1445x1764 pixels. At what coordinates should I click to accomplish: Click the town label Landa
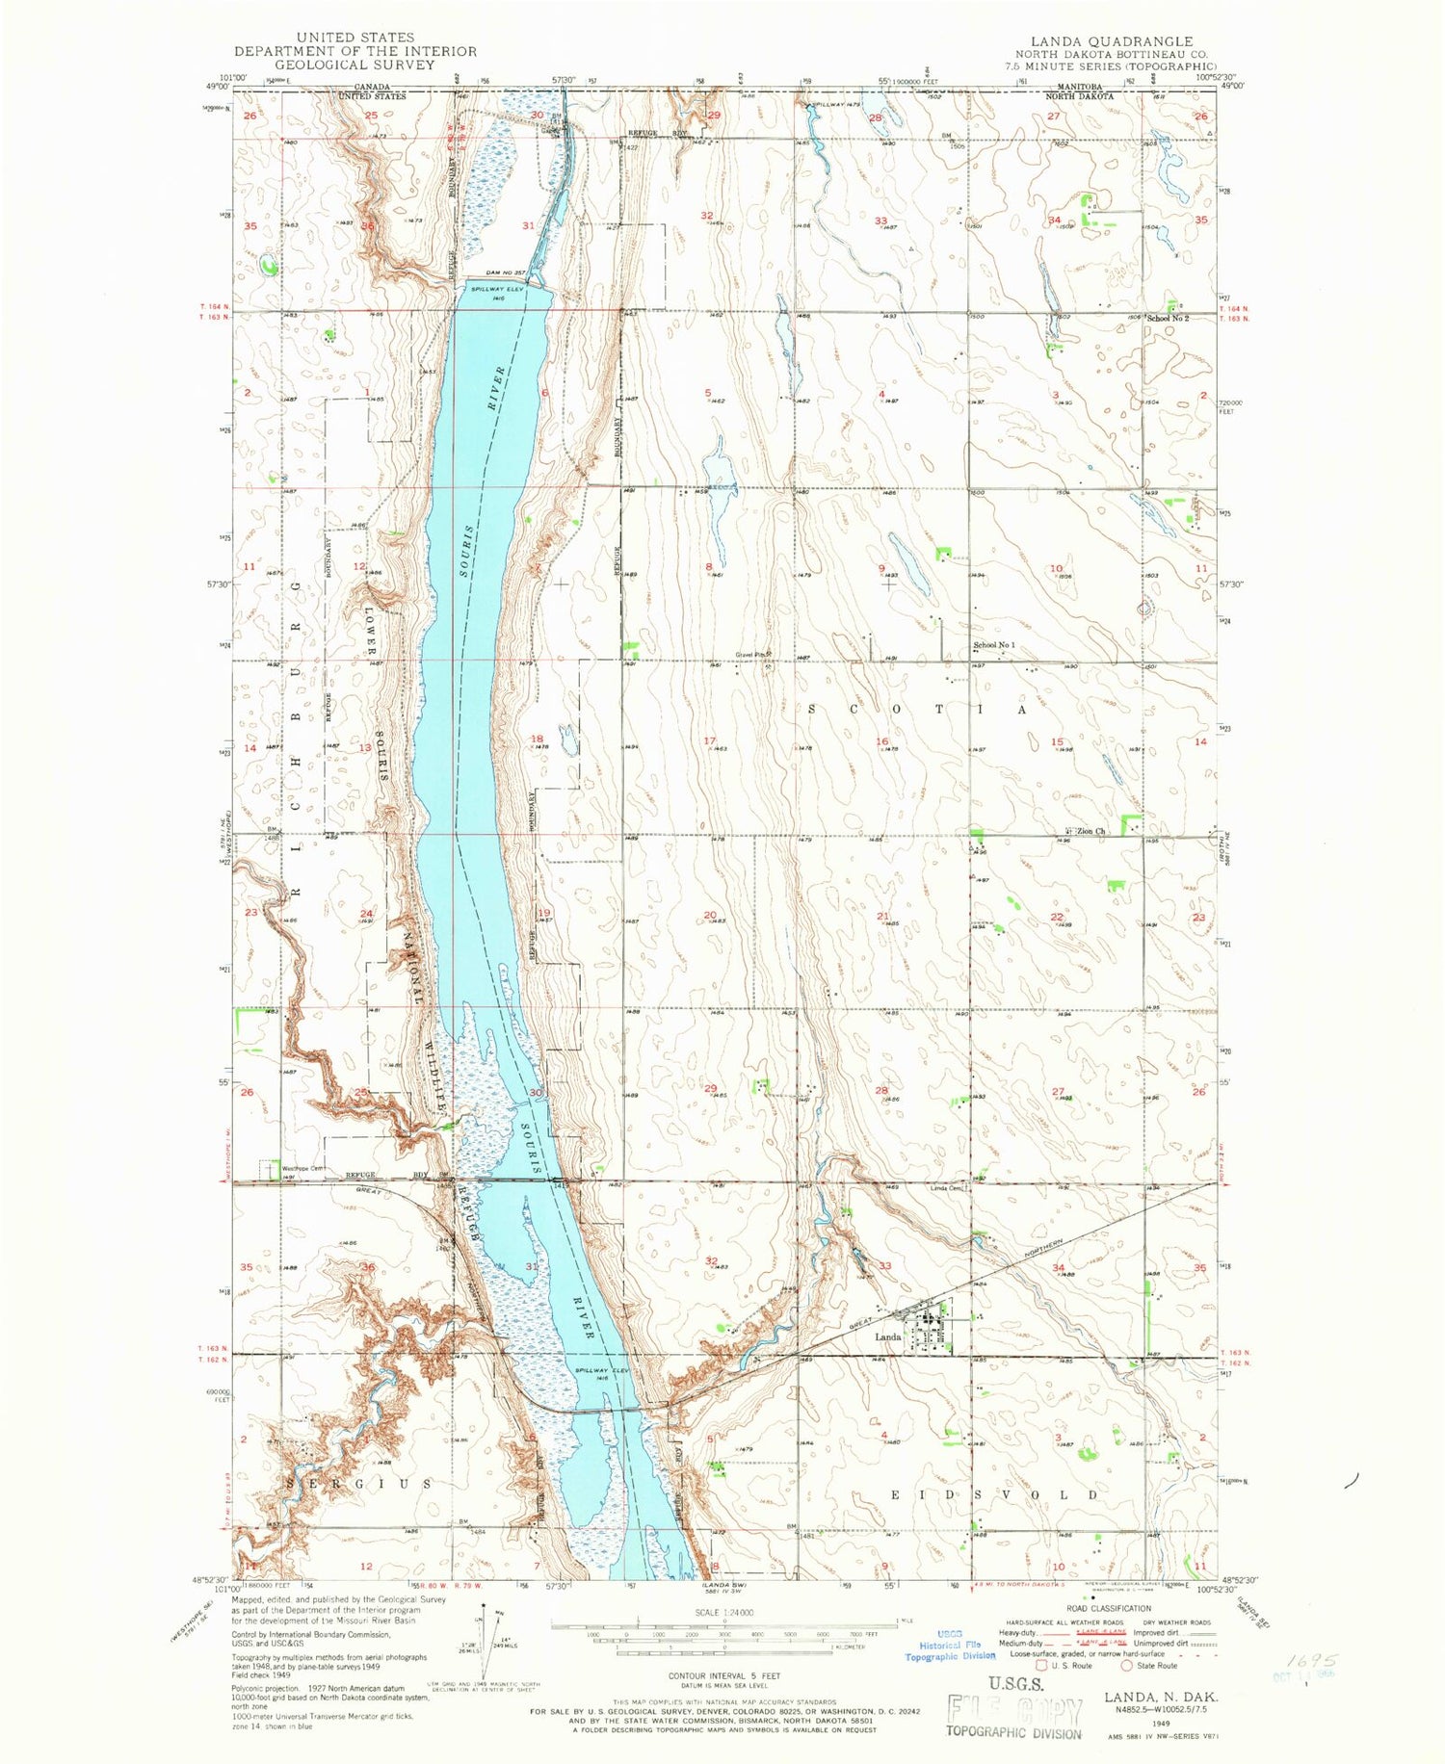click(887, 1337)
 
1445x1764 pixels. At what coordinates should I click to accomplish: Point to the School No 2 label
click(1167, 318)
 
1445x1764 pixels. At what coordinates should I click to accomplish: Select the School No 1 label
click(993, 645)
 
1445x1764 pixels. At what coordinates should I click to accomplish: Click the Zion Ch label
click(1090, 831)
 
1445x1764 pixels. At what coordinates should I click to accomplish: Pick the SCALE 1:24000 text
click(723, 1612)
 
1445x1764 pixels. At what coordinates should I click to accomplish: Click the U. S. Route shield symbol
click(1040, 1665)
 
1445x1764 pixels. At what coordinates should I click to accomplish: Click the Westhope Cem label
click(300, 1169)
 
